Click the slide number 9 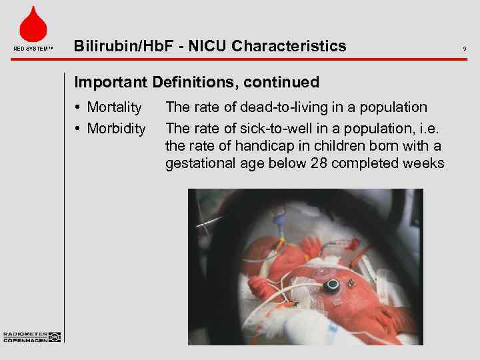coord(464,48)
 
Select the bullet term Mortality coord(115,107)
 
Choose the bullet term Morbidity coord(117,128)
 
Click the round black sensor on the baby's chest coord(331,285)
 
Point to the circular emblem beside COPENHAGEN coord(54,337)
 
